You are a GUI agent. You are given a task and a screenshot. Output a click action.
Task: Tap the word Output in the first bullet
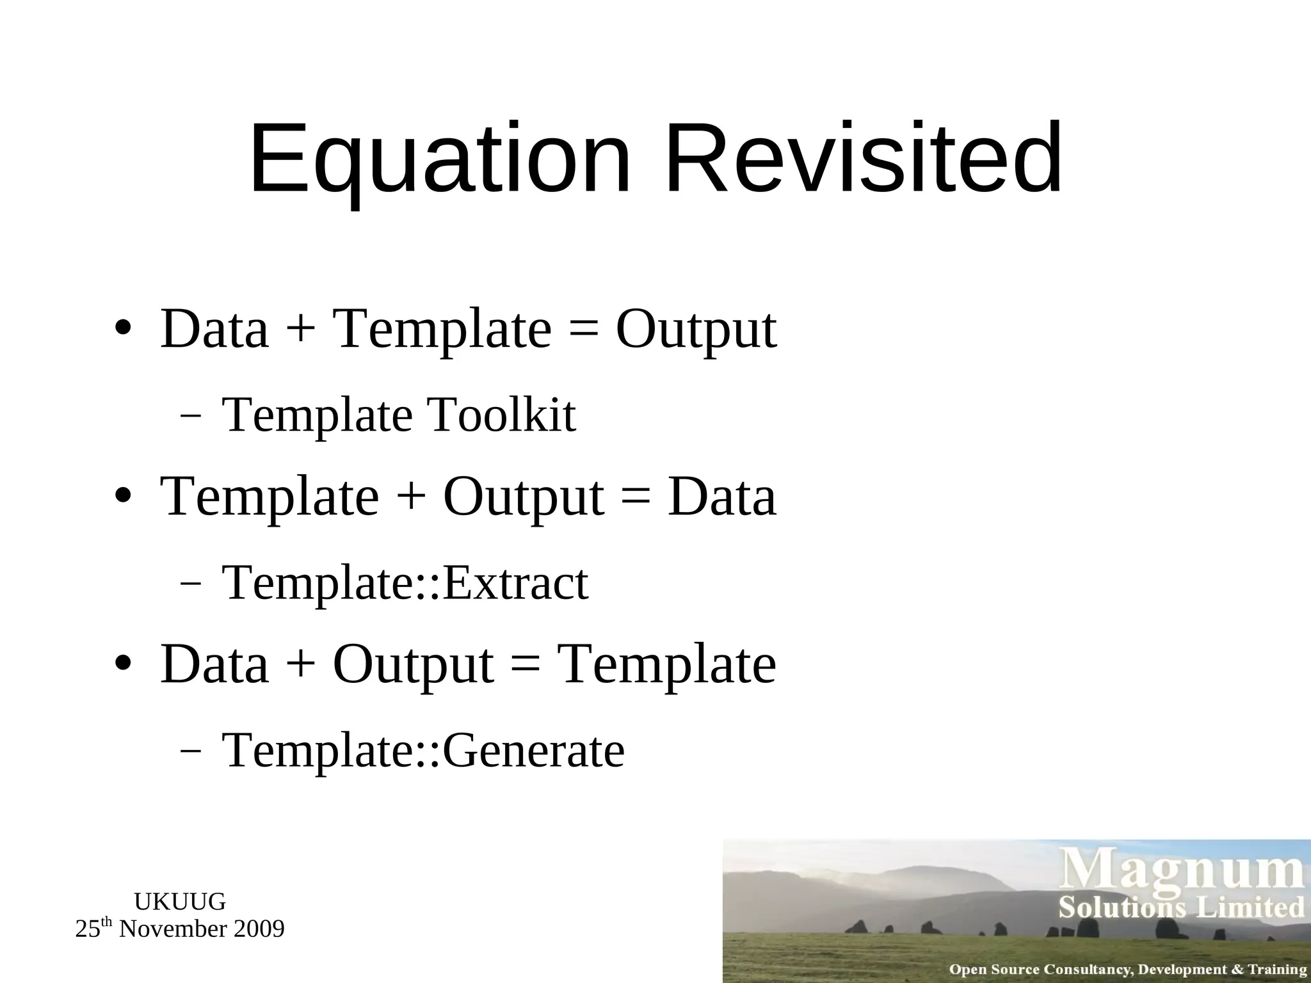(696, 330)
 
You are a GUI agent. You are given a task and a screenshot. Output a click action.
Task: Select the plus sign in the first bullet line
(301, 330)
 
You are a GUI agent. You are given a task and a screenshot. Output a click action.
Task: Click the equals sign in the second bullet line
(635, 498)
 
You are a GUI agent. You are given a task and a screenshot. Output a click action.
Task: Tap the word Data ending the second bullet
(721, 498)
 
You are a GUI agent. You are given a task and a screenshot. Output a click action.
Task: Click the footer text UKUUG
(180, 902)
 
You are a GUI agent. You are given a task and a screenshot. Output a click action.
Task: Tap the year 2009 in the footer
(259, 929)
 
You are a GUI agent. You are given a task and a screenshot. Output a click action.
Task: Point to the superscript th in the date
(107, 923)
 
